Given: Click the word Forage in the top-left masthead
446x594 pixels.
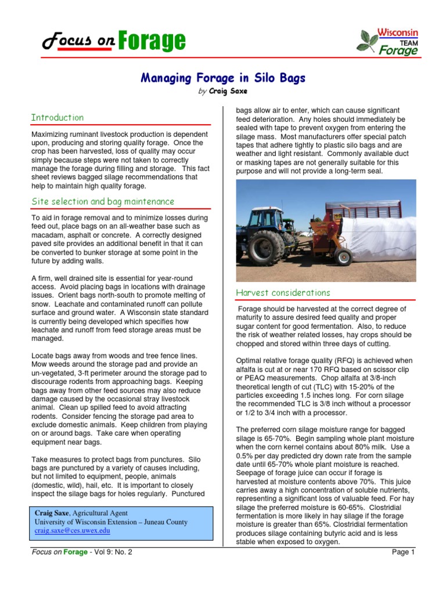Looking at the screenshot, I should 152,41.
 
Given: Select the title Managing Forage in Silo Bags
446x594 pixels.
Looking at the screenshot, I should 223,78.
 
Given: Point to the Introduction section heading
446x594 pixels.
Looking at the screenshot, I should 57,117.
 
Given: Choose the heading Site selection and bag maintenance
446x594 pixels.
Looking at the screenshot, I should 102,201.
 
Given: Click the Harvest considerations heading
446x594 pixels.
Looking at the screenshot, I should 283,292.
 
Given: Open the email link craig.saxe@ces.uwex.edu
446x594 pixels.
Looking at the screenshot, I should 72,530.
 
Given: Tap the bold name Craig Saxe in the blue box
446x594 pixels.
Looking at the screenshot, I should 52,513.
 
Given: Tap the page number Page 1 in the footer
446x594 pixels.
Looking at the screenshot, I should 404,552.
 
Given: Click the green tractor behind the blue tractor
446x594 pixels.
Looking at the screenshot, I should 287,223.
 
